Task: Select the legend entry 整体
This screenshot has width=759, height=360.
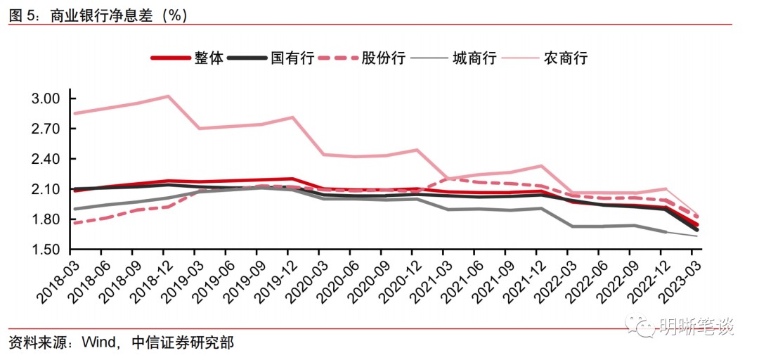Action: coord(209,58)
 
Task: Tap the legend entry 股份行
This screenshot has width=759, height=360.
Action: coord(382,58)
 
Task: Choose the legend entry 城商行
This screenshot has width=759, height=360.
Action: coord(474,58)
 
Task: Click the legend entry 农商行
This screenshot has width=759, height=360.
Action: coord(565,58)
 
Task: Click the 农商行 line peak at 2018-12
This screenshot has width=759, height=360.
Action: coord(167,96)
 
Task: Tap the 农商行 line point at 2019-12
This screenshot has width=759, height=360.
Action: coord(291,117)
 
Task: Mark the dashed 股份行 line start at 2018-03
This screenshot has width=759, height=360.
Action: coord(73,223)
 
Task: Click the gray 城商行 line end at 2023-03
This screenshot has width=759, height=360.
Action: coord(696,236)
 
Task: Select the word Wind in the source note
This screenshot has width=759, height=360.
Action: coord(98,343)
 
